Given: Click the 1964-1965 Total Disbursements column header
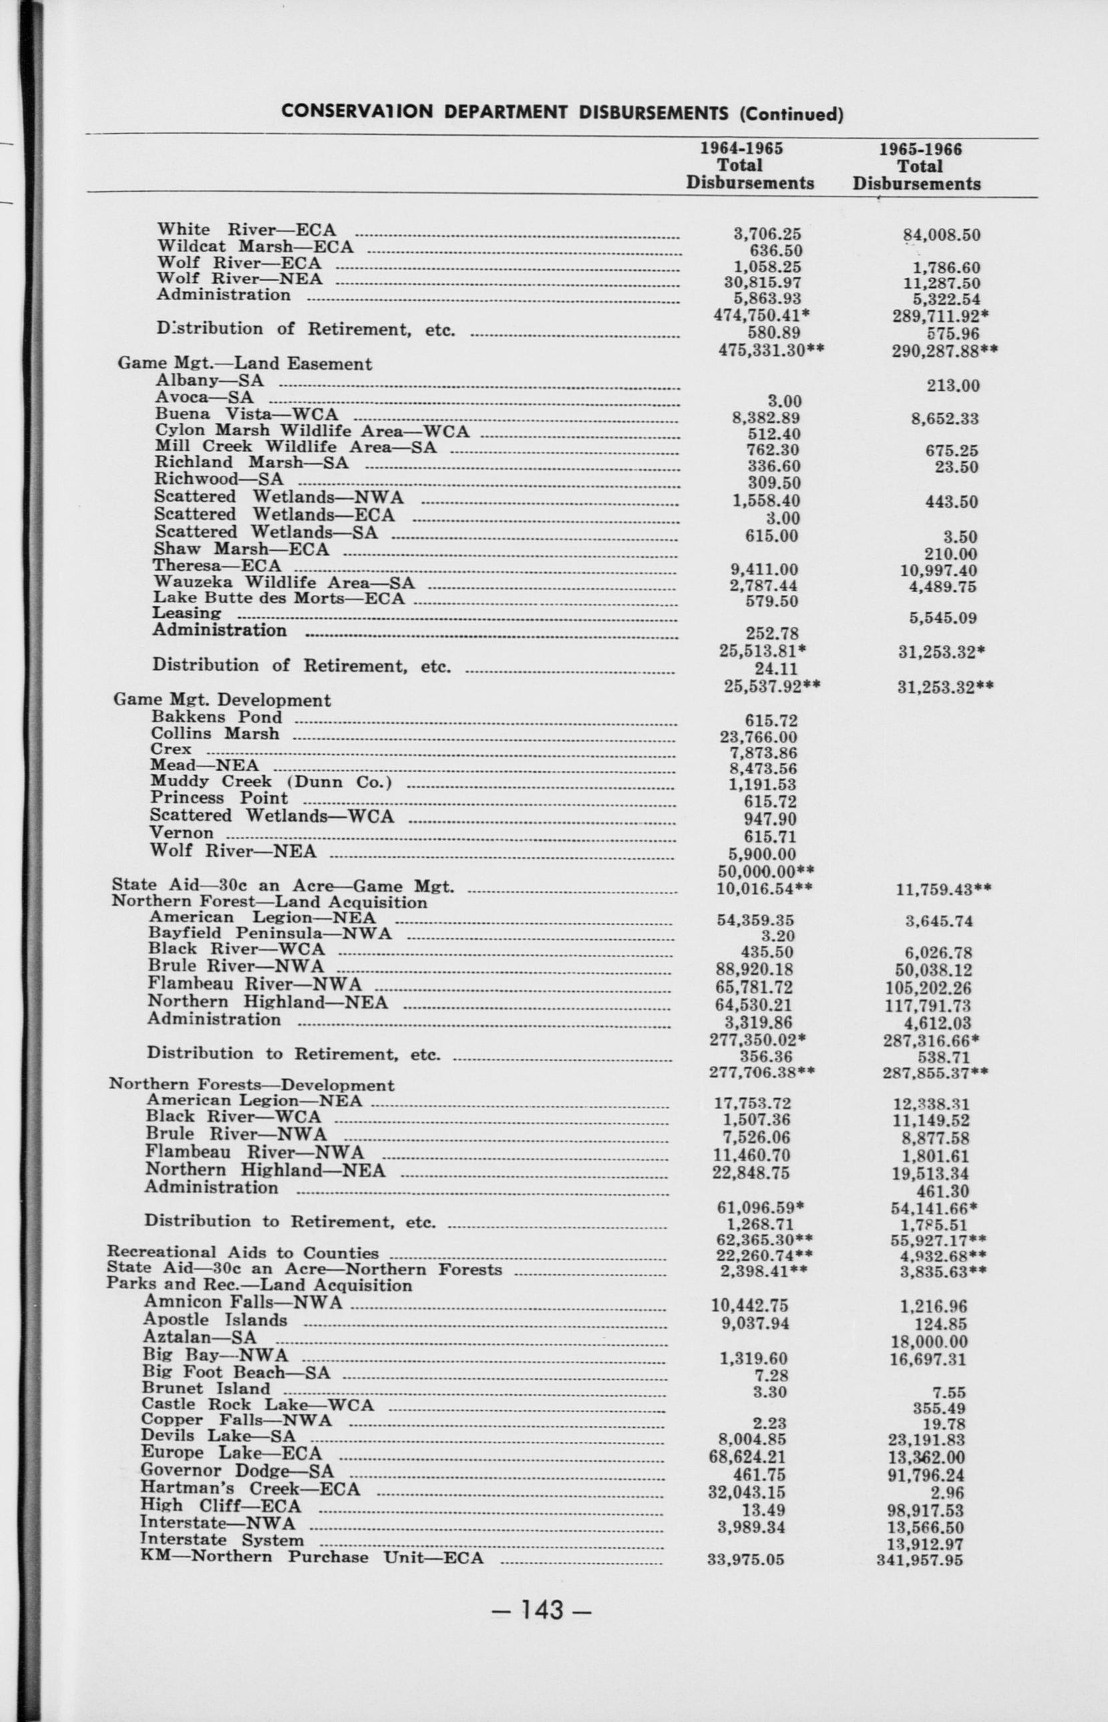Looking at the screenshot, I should click(x=750, y=166).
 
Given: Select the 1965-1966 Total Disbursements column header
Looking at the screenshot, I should click(x=918, y=167).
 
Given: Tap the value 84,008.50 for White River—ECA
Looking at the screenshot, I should click(x=941, y=235).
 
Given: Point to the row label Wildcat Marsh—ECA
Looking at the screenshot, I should click(x=255, y=247).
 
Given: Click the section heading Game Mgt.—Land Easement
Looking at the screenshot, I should click(x=244, y=364).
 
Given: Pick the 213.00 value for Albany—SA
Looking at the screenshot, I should click(x=952, y=386).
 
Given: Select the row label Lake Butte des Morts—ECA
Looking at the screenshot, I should click(x=279, y=598).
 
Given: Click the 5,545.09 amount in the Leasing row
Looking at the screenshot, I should click(x=942, y=618).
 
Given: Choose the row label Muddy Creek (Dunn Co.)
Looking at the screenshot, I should click(x=271, y=782).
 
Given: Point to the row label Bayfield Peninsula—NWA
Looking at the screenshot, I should click(x=270, y=934).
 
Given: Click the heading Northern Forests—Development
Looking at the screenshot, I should click(x=252, y=1085).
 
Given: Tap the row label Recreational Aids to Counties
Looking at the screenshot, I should click(x=242, y=1253).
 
